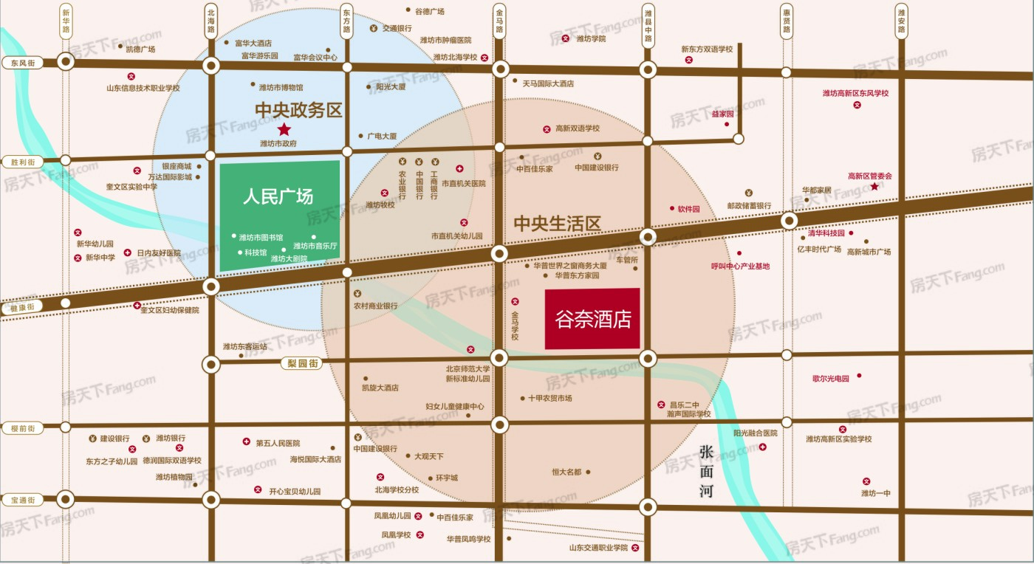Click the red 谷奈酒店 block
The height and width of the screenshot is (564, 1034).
(x=592, y=319)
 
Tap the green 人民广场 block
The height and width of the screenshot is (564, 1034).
(x=279, y=216)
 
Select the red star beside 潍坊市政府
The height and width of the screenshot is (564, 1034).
(x=284, y=130)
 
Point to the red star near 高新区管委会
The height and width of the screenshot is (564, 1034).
(x=874, y=187)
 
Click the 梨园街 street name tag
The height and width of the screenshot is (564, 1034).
(x=303, y=363)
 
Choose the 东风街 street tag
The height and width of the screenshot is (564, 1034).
(x=23, y=63)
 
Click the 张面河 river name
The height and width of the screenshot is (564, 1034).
(x=707, y=470)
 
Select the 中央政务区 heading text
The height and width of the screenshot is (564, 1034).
(x=298, y=110)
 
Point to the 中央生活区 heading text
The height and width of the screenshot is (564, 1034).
(x=558, y=224)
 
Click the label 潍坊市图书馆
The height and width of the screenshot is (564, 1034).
(x=261, y=237)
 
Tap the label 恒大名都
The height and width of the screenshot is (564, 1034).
(x=566, y=472)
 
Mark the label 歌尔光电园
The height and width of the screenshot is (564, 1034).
(x=831, y=379)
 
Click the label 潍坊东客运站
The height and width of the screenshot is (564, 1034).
(x=245, y=346)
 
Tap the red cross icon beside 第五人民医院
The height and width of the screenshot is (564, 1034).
(x=246, y=442)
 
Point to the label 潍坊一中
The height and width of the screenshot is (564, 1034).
(x=876, y=493)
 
